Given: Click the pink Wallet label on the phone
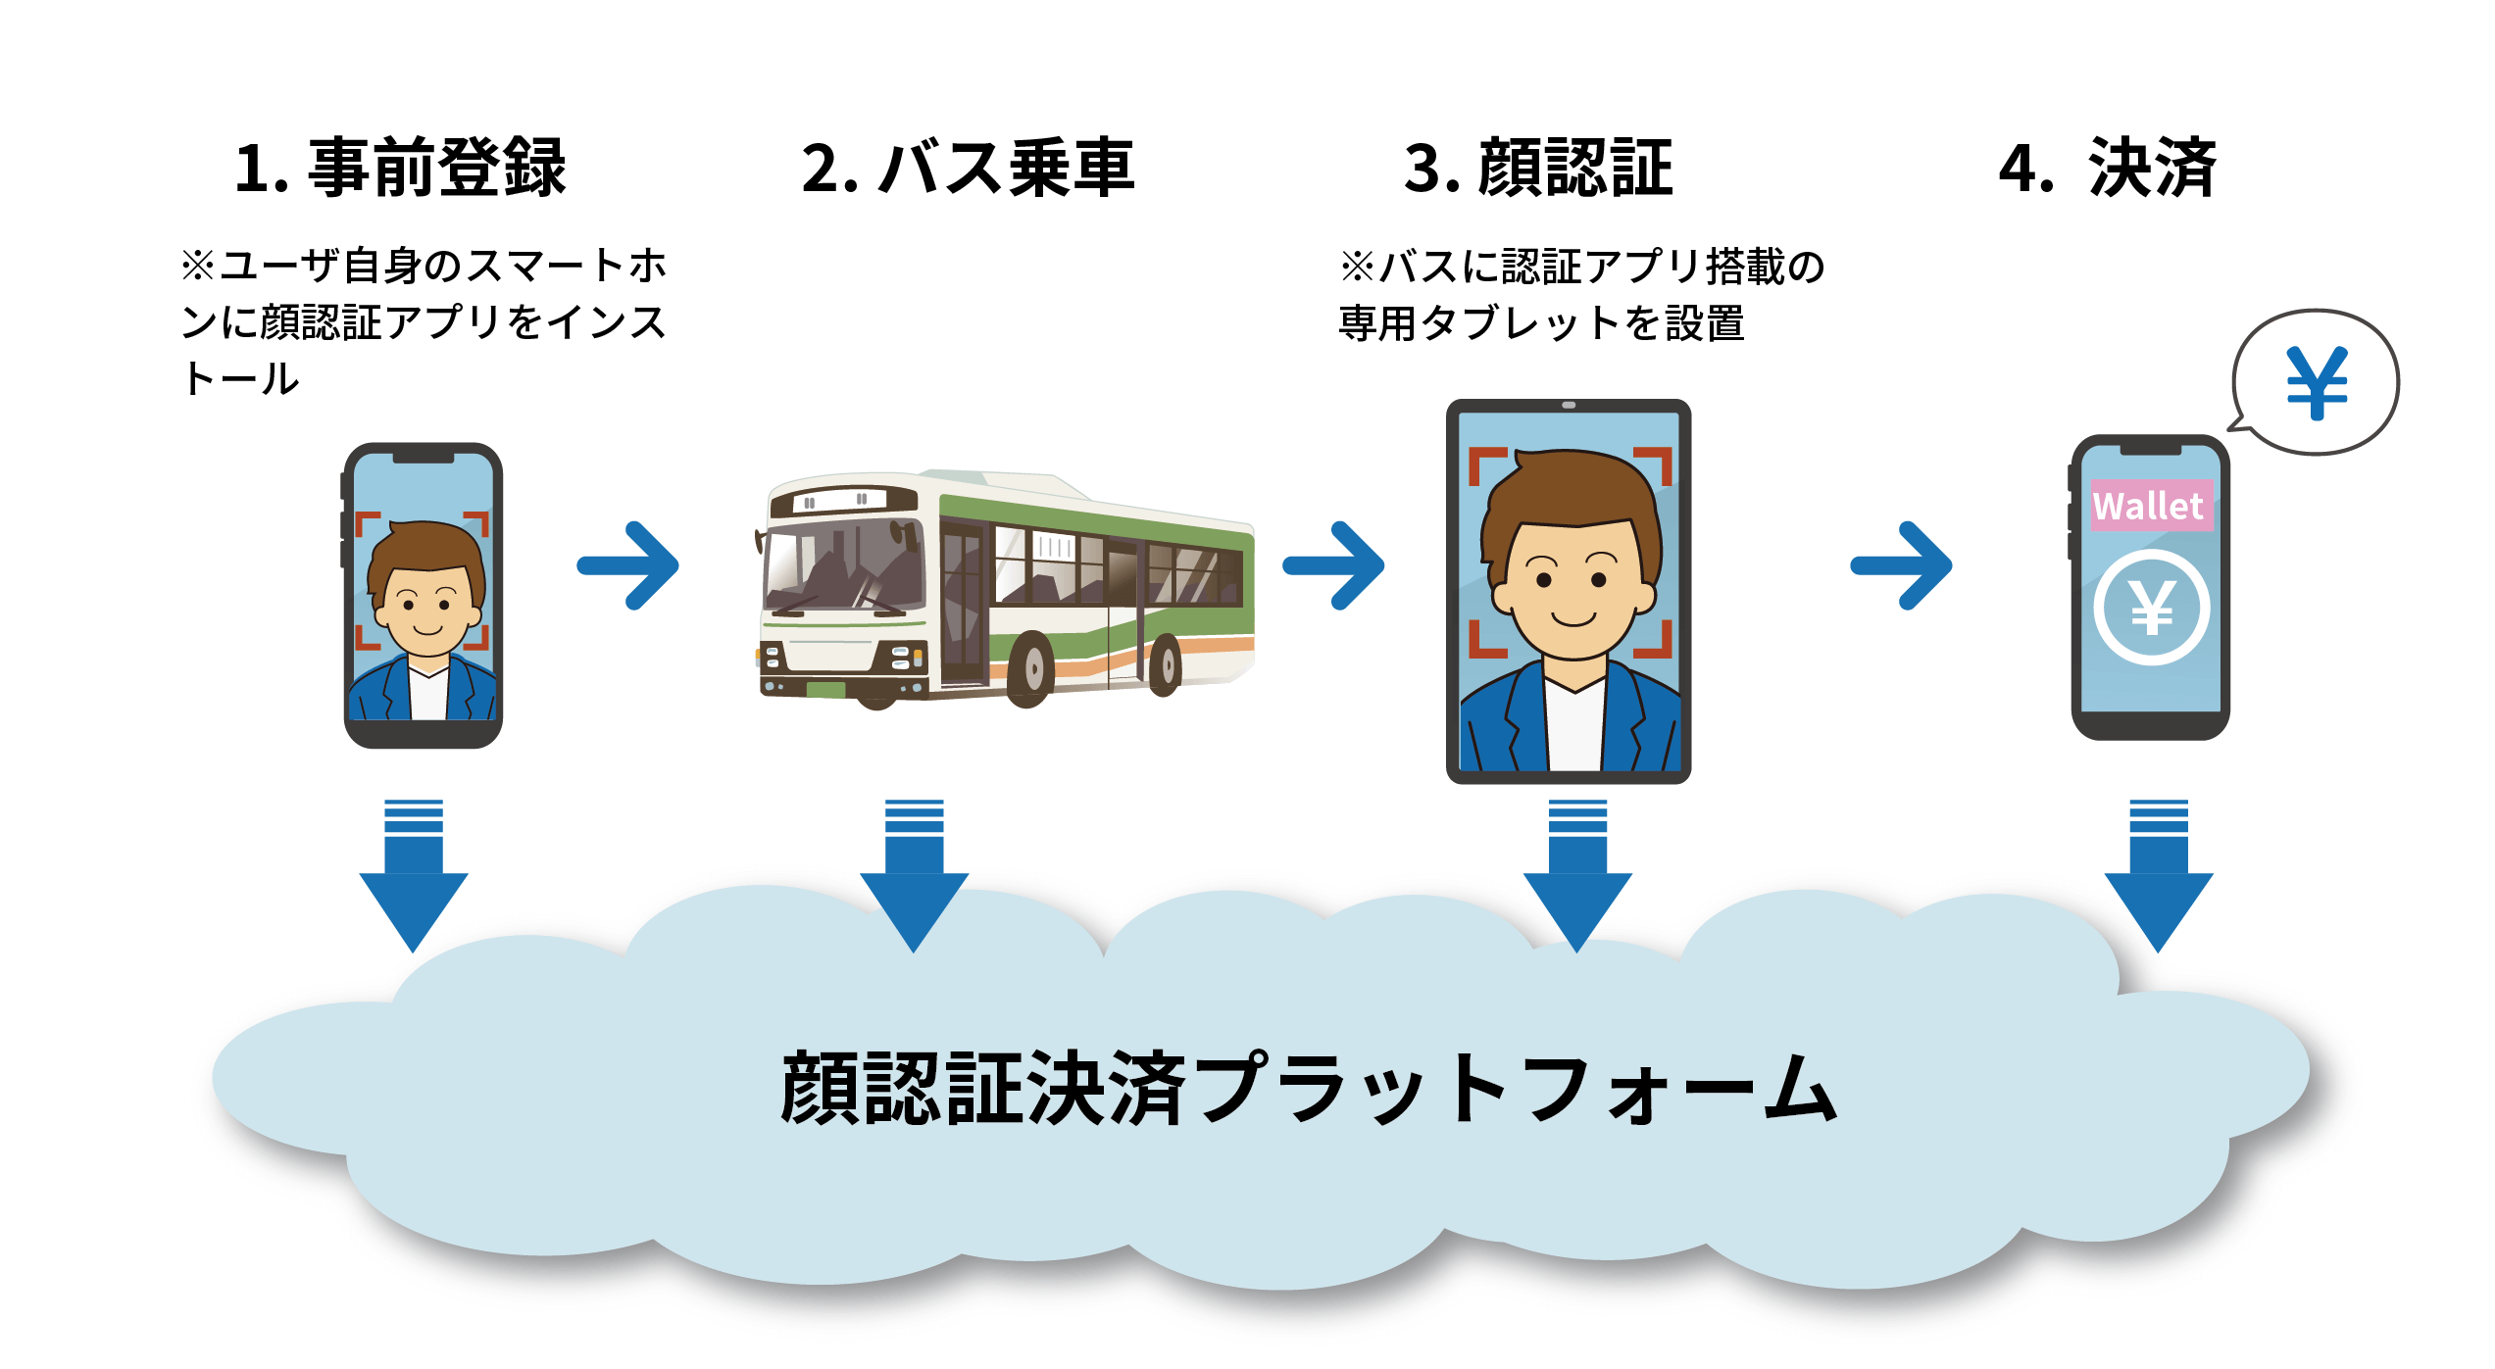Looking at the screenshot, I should pos(2151,506).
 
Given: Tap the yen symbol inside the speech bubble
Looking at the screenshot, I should pos(2318,382).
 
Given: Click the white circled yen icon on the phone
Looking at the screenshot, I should pos(2152,608).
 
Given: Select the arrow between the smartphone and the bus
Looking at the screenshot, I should pos(629,565).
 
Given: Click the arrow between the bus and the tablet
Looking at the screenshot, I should pos(1335,565).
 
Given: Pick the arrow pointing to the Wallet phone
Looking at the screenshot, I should pos(1903,565).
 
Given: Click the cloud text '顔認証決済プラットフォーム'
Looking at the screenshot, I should pos(1308,1089).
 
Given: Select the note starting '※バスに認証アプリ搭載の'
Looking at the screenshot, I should pos(1580,294).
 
